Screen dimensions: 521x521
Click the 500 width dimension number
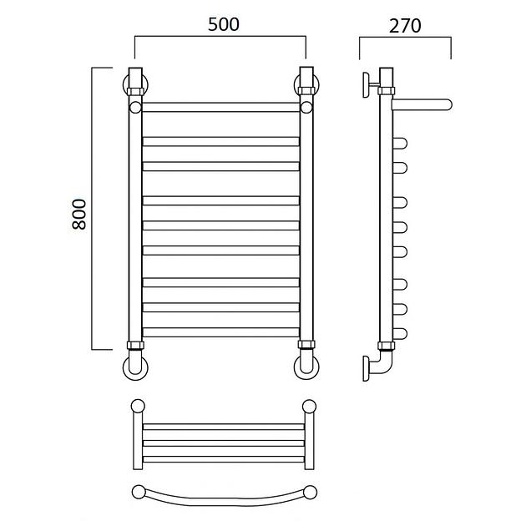(223, 24)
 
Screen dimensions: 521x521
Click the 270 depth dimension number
(405, 26)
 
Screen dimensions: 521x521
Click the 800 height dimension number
(79, 215)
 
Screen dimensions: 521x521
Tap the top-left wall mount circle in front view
(124, 84)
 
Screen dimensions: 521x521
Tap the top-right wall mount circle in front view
(317, 84)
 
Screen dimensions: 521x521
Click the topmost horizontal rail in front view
(220, 107)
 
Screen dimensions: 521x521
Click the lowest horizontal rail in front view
(220, 332)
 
